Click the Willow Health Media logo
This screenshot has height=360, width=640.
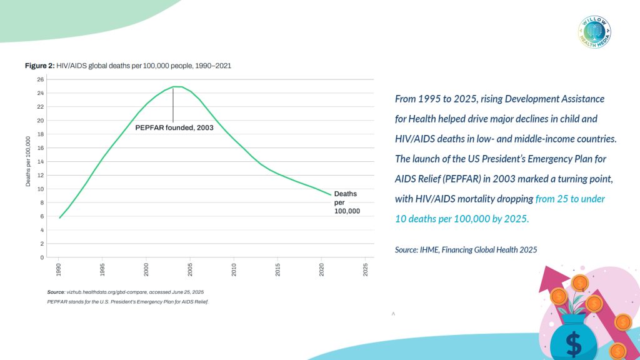point(594,31)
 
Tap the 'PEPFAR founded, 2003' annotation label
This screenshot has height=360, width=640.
point(174,127)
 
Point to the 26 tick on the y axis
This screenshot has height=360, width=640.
point(41,79)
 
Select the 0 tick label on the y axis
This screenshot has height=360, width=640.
point(41,257)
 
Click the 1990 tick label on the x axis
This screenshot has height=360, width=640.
point(59,269)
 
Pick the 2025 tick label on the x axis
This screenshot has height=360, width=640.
point(365,269)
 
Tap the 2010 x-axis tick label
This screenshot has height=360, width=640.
point(234,269)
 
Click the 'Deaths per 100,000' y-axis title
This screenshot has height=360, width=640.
point(28,162)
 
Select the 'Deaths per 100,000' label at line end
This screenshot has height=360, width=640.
point(346,202)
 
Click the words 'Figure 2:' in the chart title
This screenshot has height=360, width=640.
point(39,66)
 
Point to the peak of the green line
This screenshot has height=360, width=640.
point(177,86)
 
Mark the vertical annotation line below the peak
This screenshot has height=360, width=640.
point(173,105)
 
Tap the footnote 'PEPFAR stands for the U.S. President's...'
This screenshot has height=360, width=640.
point(127,302)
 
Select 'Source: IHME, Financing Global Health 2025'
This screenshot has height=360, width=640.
point(466,249)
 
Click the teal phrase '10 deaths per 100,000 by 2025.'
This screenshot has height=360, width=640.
point(462,219)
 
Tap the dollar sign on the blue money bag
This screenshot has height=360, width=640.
point(573,343)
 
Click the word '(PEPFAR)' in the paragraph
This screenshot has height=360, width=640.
point(464,179)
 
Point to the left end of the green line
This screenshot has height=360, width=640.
point(59,217)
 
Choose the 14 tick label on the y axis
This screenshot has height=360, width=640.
point(41,162)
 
